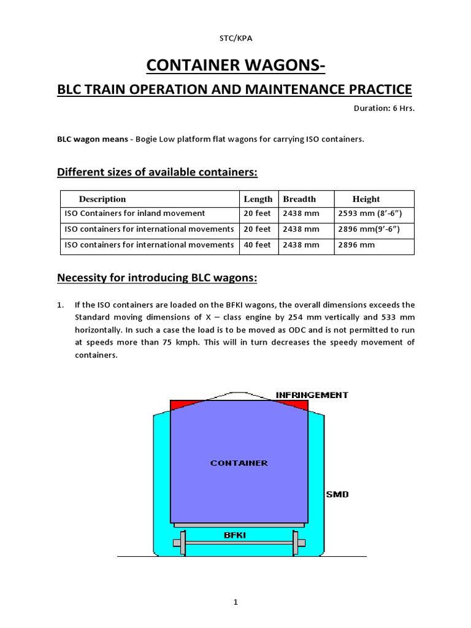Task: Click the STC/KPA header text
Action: tap(235, 38)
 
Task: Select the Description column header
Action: tap(102, 199)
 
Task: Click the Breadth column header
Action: tap(299, 199)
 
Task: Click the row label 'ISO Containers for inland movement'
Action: tap(135, 213)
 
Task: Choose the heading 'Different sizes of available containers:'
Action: tap(158, 173)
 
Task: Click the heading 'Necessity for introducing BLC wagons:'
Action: tap(157, 278)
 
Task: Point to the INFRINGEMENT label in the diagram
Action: tap(312, 395)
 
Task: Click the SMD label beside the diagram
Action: tap(337, 494)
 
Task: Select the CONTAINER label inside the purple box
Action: tap(239, 463)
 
